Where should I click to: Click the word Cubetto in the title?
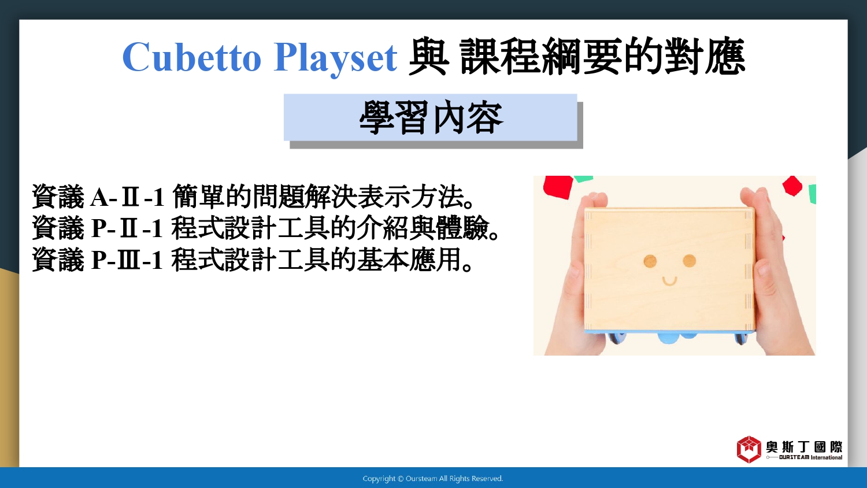pyautogui.click(x=192, y=57)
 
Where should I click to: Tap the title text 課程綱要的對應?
pyautogui.click(x=603, y=57)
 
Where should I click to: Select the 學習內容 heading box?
pyautogui.click(x=431, y=117)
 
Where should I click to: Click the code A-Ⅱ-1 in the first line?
pyautogui.click(x=127, y=197)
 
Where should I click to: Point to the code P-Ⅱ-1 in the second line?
pyautogui.click(x=127, y=228)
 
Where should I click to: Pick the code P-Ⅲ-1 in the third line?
pyautogui.click(x=127, y=260)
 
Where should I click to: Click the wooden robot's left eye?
pyautogui.click(x=650, y=261)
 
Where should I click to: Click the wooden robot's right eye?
pyautogui.click(x=690, y=261)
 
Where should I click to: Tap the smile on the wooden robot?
pyautogui.click(x=669, y=282)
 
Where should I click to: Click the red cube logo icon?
pyautogui.click(x=749, y=449)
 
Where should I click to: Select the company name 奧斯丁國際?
pyautogui.click(x=804, y=447)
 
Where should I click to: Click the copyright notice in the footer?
pyautogui.click(x=433, y=479)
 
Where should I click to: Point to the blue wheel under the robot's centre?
pyautogui.click(x=669, y=338)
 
